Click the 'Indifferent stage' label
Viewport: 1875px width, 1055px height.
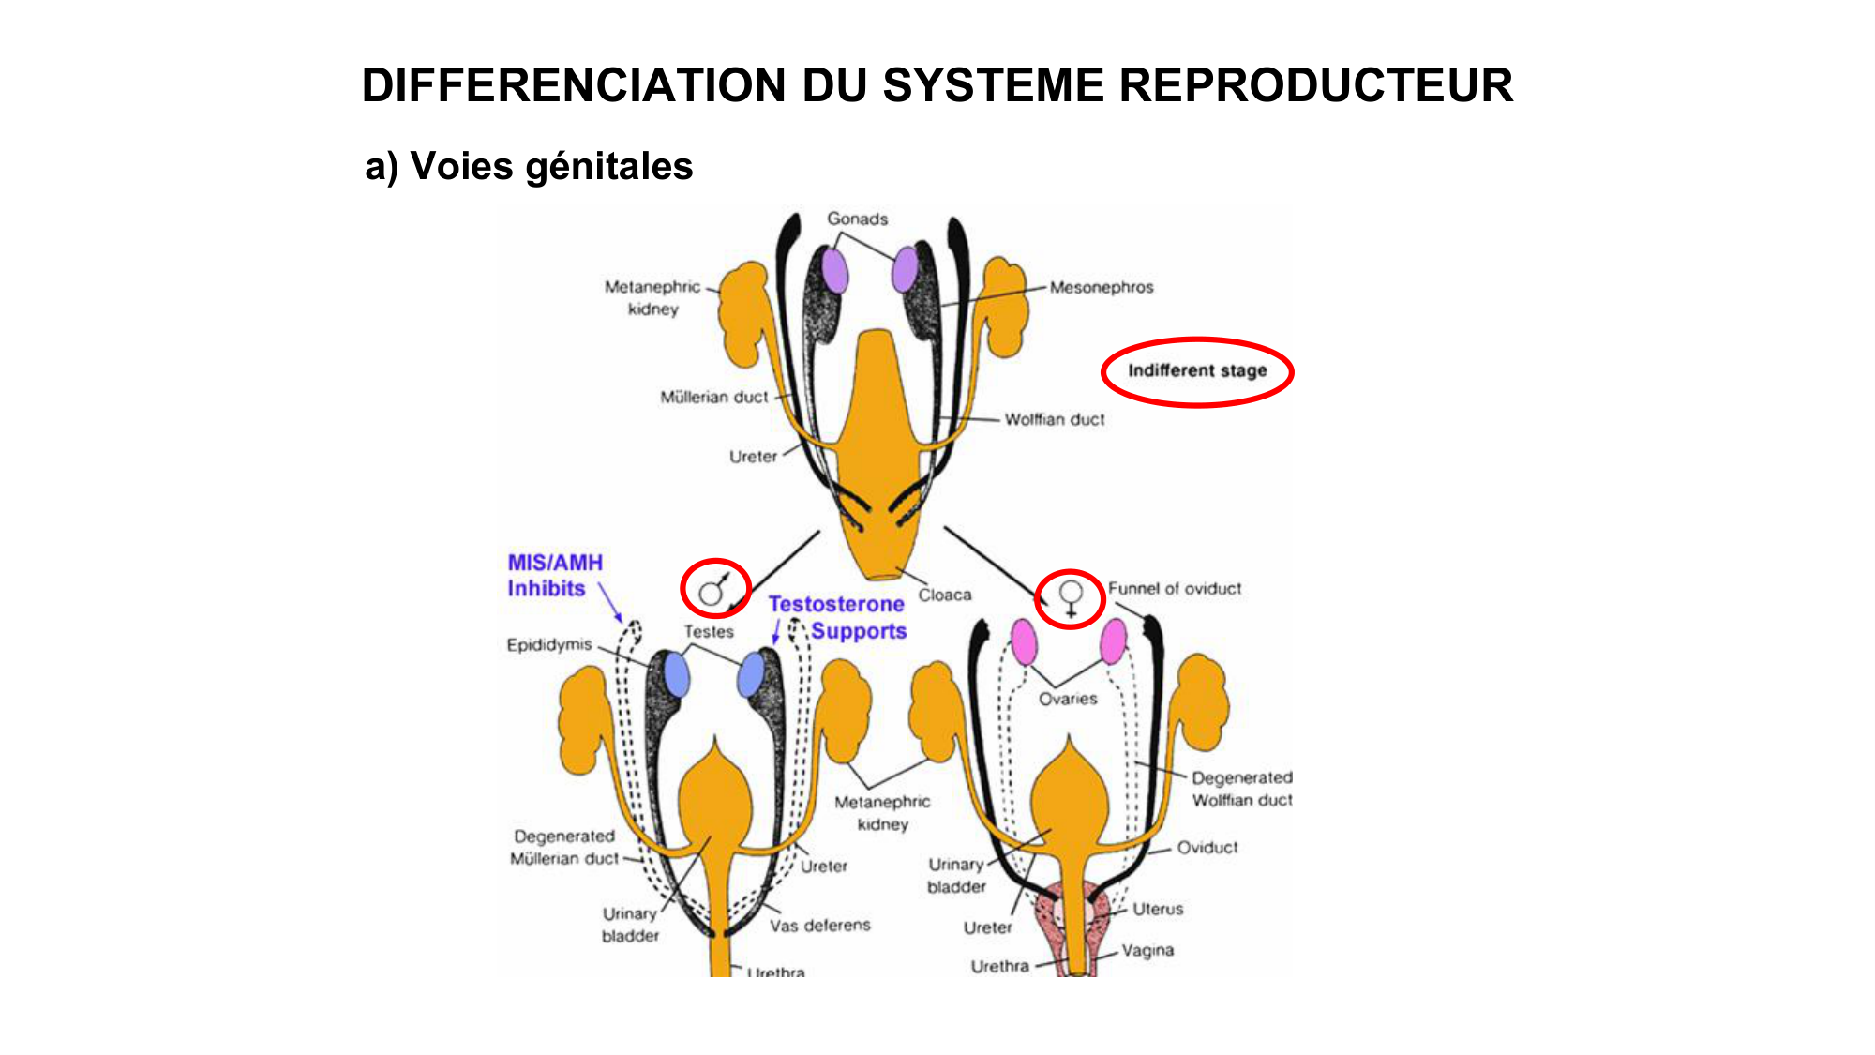pyautogui.click(x=1197, y=371)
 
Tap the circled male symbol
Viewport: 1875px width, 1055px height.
pyautogui.click(x=714, y=590)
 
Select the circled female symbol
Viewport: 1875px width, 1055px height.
pyautogui.click(x=1071, y=597)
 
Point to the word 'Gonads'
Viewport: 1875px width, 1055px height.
pyautogui.click(x=857, y=219)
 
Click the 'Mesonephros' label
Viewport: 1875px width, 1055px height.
pyautogui.click(x=1102, y=287)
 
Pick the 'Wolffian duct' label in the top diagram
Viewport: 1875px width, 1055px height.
pyautogui.click(x=1055, y=419)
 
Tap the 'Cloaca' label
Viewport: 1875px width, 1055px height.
pyautogui.click(x=944, y=595)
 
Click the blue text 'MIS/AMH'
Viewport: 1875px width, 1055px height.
pyautogui.click(x=555, y=563)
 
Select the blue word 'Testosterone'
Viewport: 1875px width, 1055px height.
pyautogui.click(x=836, y=605)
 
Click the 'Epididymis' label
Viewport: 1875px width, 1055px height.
pyautogui.click(x=549, y=645)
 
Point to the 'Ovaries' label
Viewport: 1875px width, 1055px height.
pyautogui.click(x=1067, y=699)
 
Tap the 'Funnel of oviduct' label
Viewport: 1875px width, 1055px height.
pyautogui.click(x=1175, y=588)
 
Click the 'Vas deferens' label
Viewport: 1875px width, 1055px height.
pyautogui.click(x=820, y=926)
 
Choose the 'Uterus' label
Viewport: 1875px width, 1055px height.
pyautogui.click(x=1158, y=909)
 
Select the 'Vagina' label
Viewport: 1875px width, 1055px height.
pyautogui.click(x=1147, y=950)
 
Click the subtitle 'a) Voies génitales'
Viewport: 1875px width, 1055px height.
pyautogui.click(x=529, y=166)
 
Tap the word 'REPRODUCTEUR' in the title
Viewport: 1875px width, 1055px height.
pyautogui.click(x=1315, y=85)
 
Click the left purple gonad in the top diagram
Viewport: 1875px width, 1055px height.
pyautogui.click(x=834, y=271)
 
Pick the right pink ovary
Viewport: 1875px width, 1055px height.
pyautogui.click(x=1113, y=642)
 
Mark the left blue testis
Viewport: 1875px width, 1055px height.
pyautogui.click(x=676, y=674)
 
